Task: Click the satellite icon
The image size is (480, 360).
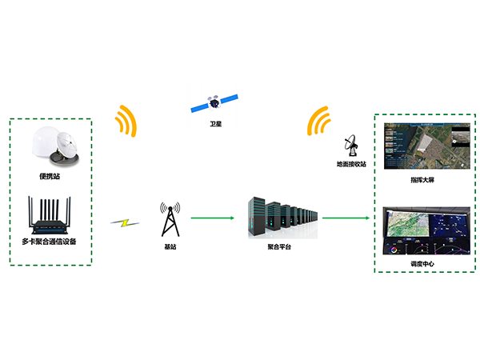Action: coord(214,103)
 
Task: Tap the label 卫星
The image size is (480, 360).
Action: coord(214,126)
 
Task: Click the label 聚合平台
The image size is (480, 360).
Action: coord(279,248)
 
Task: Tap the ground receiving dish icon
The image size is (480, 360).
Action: coord(351,146)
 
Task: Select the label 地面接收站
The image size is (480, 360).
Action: coord(351,165)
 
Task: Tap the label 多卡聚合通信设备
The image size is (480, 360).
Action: coord(50,241)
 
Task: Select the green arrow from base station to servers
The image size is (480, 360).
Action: coord(210,217)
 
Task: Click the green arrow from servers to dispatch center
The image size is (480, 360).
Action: coord(349,217)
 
